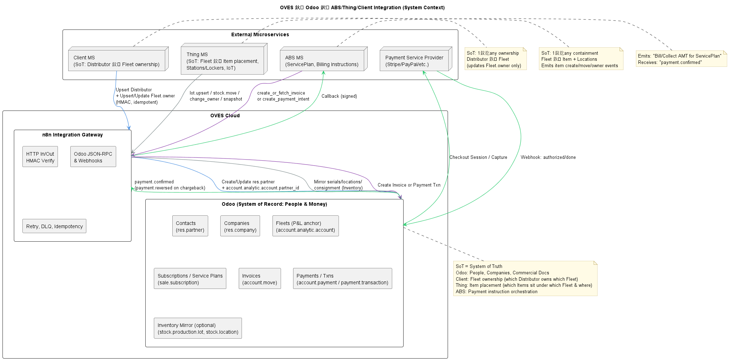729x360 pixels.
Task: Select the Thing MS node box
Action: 223,61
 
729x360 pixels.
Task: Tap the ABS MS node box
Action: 322,60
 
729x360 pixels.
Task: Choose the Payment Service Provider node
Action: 415,60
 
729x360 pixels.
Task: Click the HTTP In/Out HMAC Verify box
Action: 40,157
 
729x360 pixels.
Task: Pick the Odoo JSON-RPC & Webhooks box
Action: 93,157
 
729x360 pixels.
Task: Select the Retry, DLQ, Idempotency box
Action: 54,226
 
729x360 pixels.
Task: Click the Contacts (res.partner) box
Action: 190,226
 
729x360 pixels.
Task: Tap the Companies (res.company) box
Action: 240,226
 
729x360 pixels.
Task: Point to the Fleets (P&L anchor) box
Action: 306,226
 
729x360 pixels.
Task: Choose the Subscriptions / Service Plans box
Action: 190,279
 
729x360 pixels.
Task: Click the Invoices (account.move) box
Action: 260,279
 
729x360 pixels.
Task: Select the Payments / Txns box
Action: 342,279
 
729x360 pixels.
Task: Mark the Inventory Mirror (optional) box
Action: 198,328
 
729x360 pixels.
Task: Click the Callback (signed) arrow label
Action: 339,96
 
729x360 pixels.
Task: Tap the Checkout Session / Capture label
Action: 478,157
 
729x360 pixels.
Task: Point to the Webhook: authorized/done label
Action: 548,157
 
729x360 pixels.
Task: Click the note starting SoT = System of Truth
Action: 525,279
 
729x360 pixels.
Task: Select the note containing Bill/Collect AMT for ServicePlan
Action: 681,59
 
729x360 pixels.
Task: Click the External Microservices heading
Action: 260,34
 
